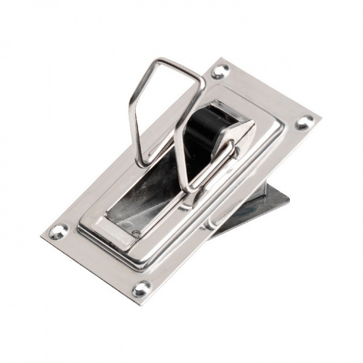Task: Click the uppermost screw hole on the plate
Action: pos(220,71)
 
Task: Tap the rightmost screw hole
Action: pos(305,121)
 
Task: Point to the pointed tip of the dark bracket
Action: pos(290,195)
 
